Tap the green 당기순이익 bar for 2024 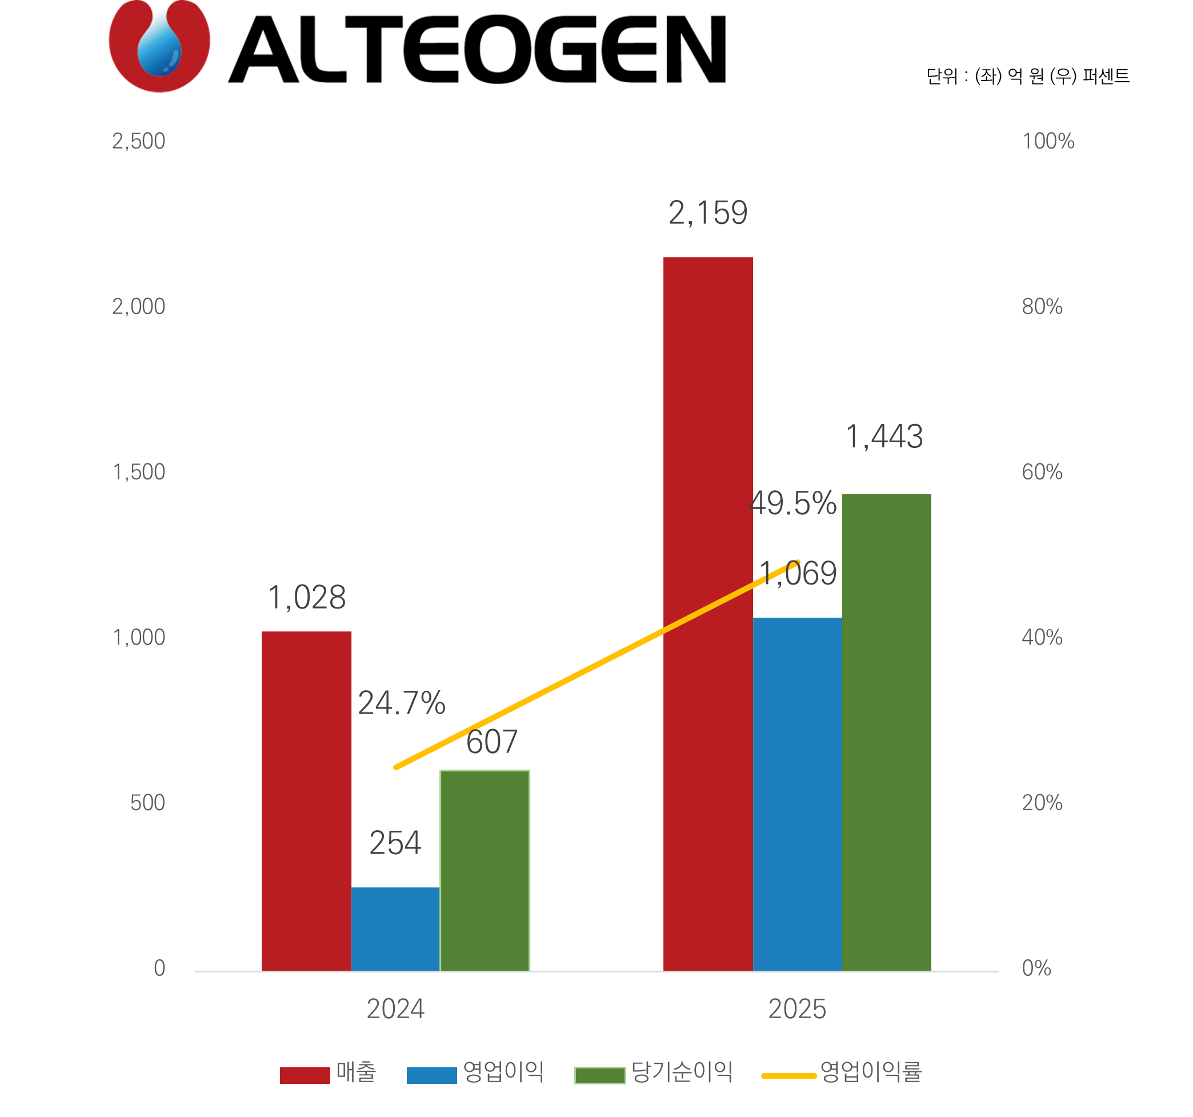(x=485, y=870)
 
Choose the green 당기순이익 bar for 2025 (x=886, y=732)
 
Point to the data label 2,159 (x=708, y=213)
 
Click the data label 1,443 (x=884, y=437)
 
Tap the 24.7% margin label (x=402, y=703)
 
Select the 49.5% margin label (x=792, y=503)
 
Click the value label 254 (x=395, y=843)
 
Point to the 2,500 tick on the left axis (x=139, y=142)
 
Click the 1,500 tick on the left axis (x=139, y=473)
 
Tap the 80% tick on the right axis (x=1042, y=307)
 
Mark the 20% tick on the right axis (x=1042, y=803)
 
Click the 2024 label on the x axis (x=395, y=1009)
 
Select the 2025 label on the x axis (x=797, y=1009)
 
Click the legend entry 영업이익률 (x=870, y=1071)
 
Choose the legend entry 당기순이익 (x=682, y=1071)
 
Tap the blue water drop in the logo (x=159, y=45)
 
